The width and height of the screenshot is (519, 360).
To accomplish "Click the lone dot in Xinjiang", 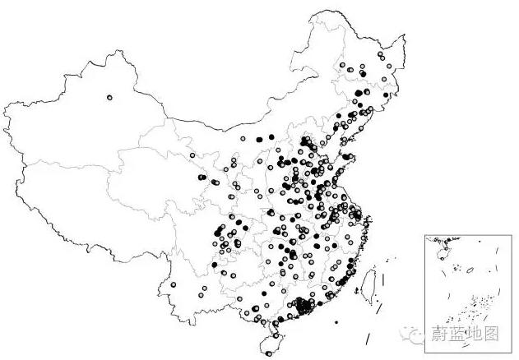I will click(109, 97).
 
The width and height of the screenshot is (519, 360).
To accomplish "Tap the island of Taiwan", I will click(370, 279).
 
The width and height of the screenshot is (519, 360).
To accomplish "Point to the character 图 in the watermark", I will click(491, 334).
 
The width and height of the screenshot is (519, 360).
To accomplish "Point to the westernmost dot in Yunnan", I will click(174, 285).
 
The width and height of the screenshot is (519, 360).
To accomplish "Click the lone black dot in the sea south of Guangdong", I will click(336, 321).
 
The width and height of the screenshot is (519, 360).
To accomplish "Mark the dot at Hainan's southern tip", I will click(269, 353).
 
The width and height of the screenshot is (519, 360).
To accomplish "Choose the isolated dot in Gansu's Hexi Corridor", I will click(192, 155).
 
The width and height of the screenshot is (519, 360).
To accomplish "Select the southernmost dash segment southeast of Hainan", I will click(368, 339).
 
